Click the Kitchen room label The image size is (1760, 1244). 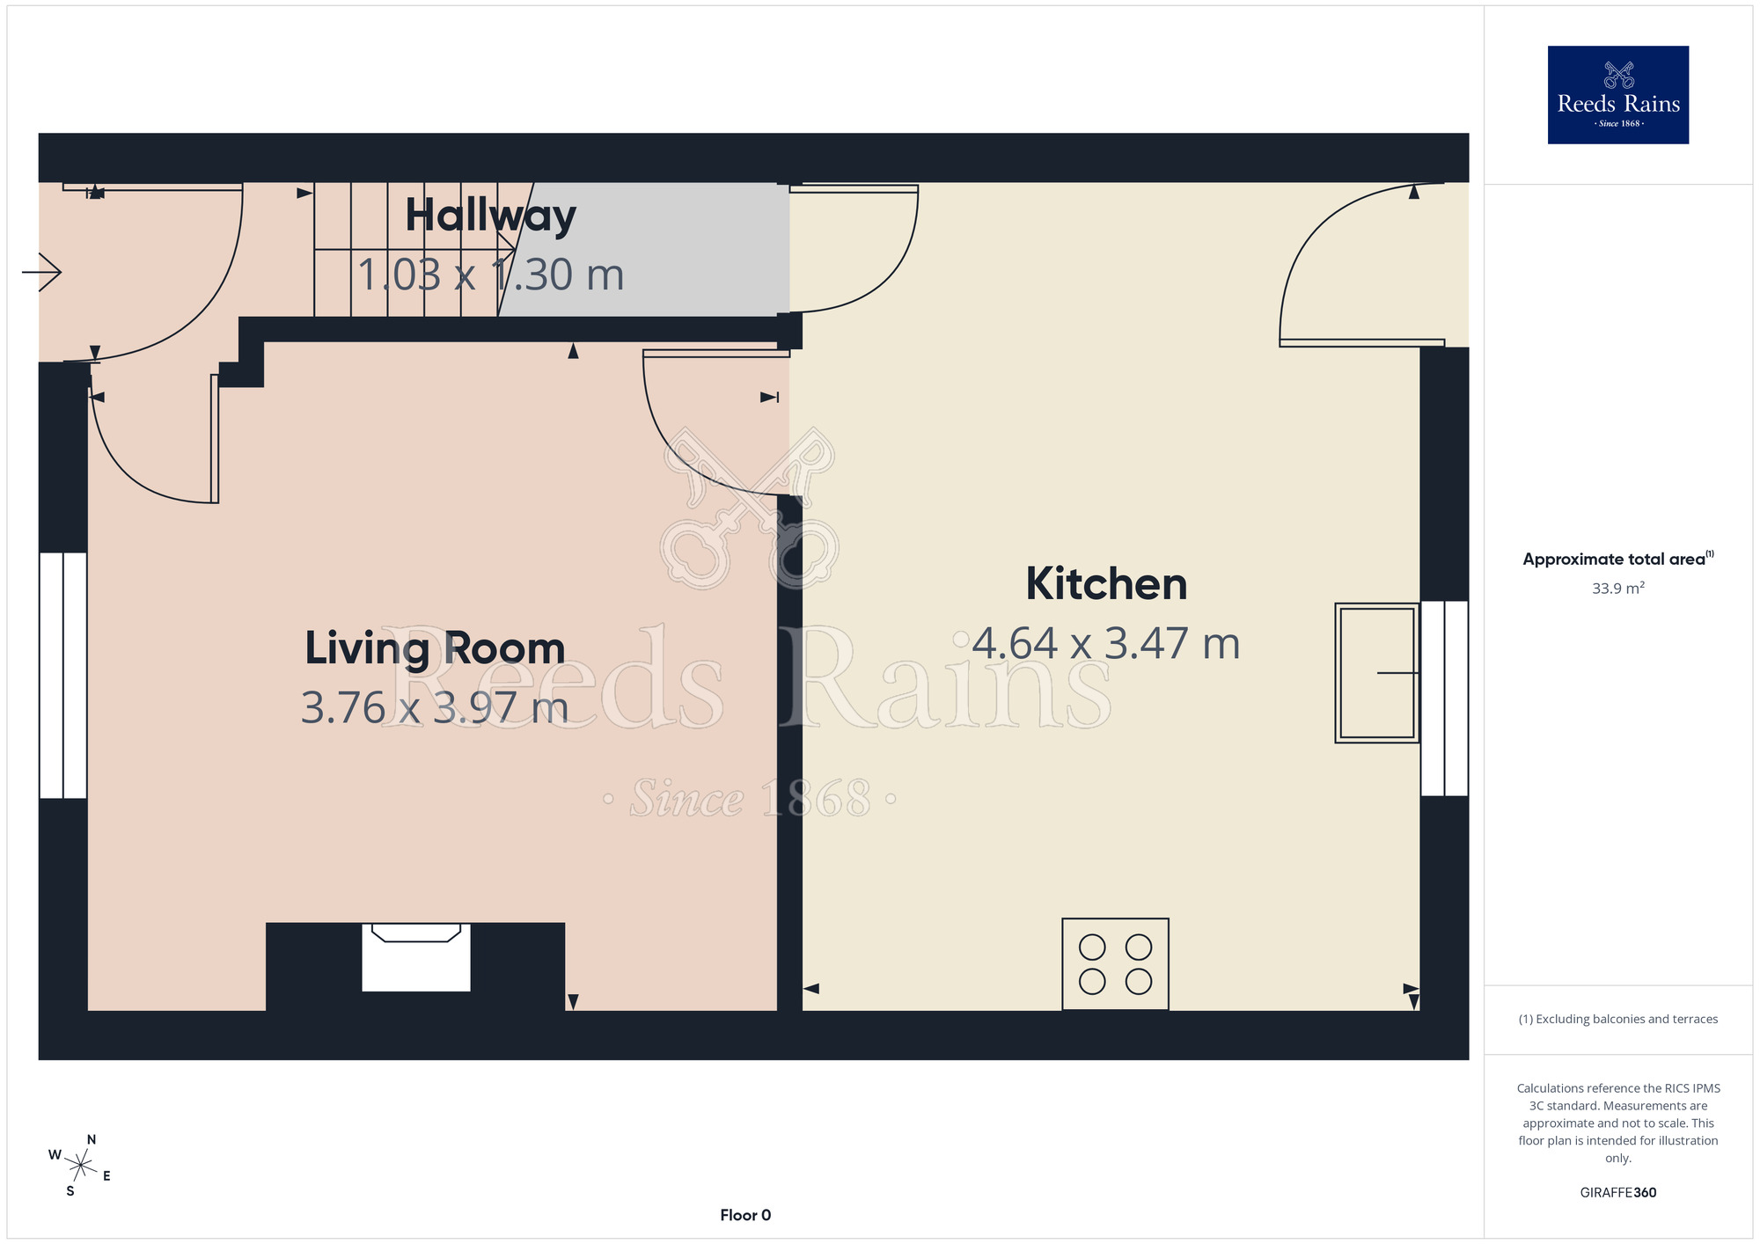[x=1106, y=584]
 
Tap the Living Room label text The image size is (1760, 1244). [x=435, y=649]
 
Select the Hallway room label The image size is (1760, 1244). [x=490, y=216]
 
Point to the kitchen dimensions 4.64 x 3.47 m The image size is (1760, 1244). [x=1106, y=644]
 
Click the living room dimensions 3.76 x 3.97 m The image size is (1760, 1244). [x=435, y=708]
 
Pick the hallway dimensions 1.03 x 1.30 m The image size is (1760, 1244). [x=490, y=275]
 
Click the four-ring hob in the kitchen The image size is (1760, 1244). [x=1115, y=964]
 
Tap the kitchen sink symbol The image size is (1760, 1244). [x=1377, y=673]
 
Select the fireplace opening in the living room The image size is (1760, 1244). [x=416, y=957]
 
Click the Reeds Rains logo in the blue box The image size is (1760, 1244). [x=1618, y=95]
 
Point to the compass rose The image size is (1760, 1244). [x=80, y=1166]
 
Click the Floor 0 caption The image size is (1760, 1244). [x=745, y=1215]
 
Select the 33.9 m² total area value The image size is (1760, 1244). [x=1618, y=589]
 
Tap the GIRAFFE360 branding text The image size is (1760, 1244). [x=1618, y=1193]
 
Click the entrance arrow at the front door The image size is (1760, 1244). [x=41, y=272]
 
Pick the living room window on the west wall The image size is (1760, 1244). [x=63, y=676]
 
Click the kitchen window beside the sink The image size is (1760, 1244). [x=1445, y=699]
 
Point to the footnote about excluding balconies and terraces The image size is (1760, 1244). [x=1618, y=1019]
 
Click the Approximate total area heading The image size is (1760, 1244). [x=1618, y=559]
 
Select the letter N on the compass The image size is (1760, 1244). [x=92, y=1139]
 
